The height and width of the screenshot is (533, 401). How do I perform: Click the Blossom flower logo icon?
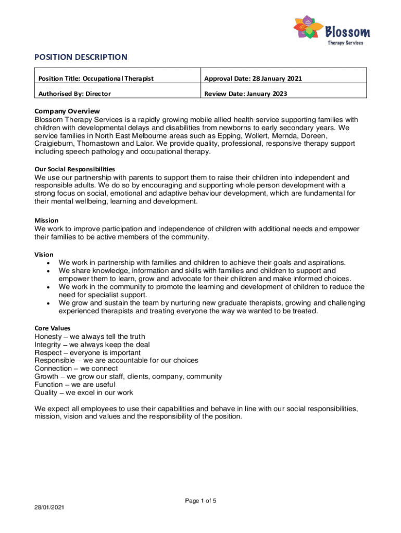pyautogui.click(x=307, y=29)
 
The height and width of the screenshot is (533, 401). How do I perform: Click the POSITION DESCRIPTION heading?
pyautogui.click(x=81, y=57)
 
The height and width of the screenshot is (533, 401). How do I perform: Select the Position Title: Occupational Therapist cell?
pyautogui.click(x=96, y=79)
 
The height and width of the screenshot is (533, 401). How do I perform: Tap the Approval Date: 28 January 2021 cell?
pyautogui.click(x=253, y=79)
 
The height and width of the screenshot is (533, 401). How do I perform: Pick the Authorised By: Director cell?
pyautogui.click(x=74, y=94)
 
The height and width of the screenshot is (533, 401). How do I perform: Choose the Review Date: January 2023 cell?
pyautogui.click(x=245, y=94)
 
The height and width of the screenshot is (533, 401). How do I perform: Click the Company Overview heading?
pyautogui.click(x=67, y=111)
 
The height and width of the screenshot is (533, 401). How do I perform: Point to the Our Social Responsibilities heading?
pyautogui.click(x=74, y=169)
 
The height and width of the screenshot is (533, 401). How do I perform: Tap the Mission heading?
pyautogui.click(x=46, y=220)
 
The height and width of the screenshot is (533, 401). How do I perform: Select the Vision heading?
pyautogui.click(x=44, y=255)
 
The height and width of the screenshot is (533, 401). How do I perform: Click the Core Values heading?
pyautogui.click(x=53, y=328)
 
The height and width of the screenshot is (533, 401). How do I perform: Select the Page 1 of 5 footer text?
pyautogui.click(x=200, y=501)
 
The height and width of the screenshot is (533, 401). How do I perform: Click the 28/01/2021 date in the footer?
pyautogui.click(x=49, y=506)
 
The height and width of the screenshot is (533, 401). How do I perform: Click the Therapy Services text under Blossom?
pyautogui.click(x=345, y=43)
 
